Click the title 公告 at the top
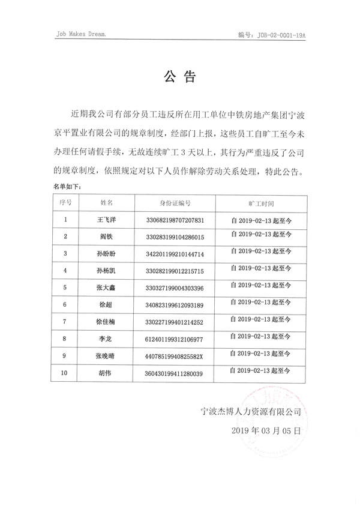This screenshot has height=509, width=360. [x=180, y=77]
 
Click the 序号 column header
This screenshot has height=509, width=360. [x=65, y=203]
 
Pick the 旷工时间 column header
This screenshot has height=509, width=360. [x=260, y=203]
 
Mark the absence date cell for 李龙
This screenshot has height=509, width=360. [x=260, y=339]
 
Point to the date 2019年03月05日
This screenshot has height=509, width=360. [x=265, y=432]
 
